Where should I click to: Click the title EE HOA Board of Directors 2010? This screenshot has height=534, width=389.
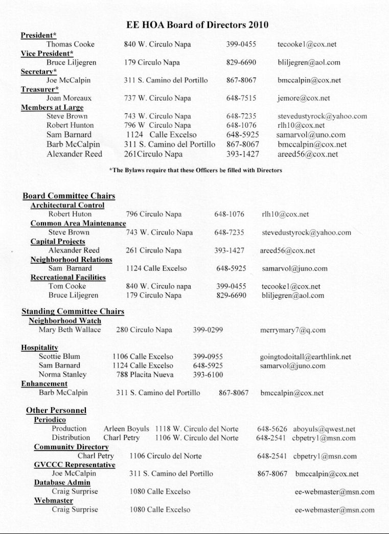coord(197,25)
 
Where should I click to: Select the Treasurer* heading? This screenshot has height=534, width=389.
coord(38,89)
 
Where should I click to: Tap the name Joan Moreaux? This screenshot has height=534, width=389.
coord(70,98)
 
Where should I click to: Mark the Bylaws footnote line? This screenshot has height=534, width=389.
coord(196,170)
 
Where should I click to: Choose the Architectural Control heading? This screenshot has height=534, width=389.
coord(67,205)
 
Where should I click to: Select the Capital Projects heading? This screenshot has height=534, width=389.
coord(58,242)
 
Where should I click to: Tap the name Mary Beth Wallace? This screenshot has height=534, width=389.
coord(70,330)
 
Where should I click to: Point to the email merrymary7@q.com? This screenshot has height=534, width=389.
coord(292,330)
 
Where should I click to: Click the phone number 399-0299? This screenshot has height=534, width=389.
coord(208,330)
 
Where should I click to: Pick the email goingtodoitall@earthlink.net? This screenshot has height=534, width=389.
coord(305,357)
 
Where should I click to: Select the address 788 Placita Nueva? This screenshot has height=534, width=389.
coord(145,375)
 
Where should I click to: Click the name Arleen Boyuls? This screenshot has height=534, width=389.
coord(126,429)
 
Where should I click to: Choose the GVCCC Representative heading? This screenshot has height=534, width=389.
coord(75,465)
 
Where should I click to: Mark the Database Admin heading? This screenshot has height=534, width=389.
coord(62,482)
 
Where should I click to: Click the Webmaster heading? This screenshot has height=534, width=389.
coord(54,501)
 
